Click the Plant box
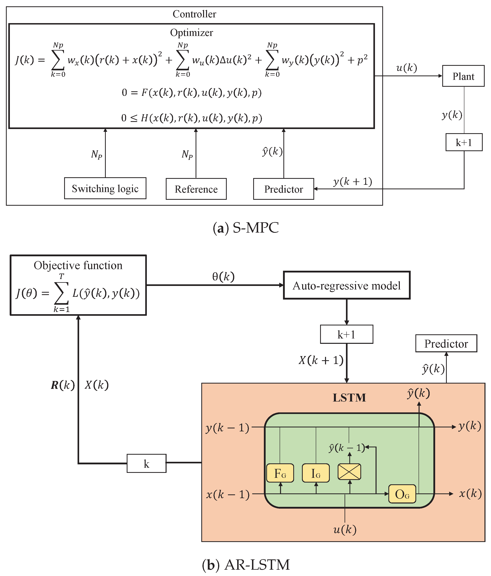point(463,76)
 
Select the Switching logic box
point(105,188)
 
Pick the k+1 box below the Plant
point(464,142)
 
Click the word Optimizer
point(191,33)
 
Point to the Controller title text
point(194,14)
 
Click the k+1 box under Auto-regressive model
point(346,334)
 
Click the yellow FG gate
point(280,473)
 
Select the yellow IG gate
point(316,473)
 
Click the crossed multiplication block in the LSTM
point(349,472)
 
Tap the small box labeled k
point(146,463)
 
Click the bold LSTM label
point(349,398)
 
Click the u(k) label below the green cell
point(345,529)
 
